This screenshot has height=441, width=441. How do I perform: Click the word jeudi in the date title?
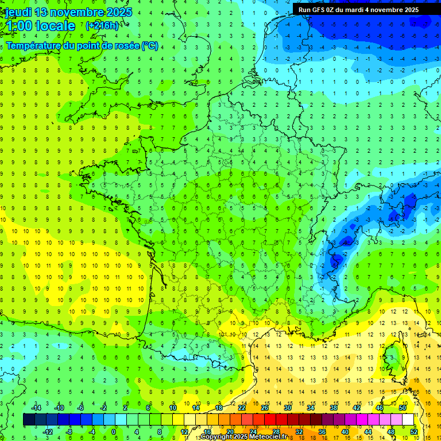click(x=17, y=12)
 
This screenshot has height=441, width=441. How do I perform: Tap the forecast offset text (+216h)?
click(x=102, y=25)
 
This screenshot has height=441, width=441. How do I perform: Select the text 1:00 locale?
click(x=40, y=26)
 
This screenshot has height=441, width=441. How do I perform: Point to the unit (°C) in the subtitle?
click(x=150, y=46)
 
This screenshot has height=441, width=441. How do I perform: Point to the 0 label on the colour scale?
click(x=114, y=432)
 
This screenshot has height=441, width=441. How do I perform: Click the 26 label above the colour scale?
click(x=265, y=408)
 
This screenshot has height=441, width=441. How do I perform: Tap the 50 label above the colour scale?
click(x=403, y=408)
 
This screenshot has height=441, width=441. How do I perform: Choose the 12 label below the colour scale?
click(x=184, y=432)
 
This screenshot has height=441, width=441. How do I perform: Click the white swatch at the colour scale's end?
click(x=408, y=420)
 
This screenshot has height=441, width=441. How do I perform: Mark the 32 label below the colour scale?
click(x=299, y=432)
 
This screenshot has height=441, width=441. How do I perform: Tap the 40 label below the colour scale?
click(x=345, y=432)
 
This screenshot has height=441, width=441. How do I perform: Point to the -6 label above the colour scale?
click(x=80, y=408)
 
